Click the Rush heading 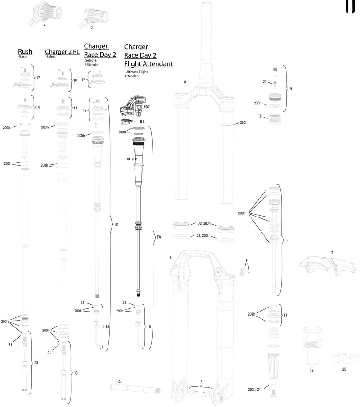(x=25, y=52)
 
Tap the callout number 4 (x=45, y=26)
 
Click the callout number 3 (x=91, y=27)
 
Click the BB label (x=142, y=122)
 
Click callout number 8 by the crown (x=185, y=82)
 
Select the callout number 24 (x=311, y=371)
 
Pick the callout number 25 (x=344, y=369)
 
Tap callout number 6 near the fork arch (x=247, y=261)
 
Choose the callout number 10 (x=259, y=116)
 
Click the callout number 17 (x=38, y=78)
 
